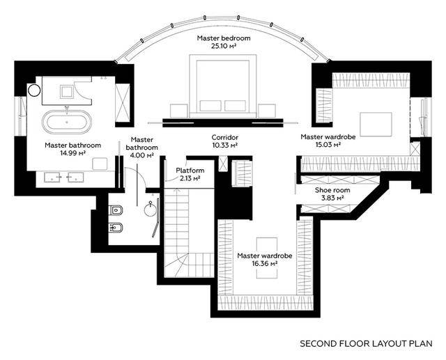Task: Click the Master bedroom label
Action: pyautogui.click(x=224, y=38)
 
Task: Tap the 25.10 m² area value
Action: pyautogui.click(x=224, y=46)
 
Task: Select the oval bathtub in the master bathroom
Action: pyautogui.click(x=67, y=122)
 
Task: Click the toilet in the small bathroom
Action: pyautogui.click(x=116, y=210)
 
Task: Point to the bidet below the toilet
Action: pyautogui.click(x=116, y=228)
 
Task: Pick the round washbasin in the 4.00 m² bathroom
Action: pyautogui.click(x=150, y=209)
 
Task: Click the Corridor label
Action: pyautogui.click(x=224, y=137)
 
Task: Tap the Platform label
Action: pyautogui.click(x=190, y=171)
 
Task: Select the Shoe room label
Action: pyautogui.click(x=332, y=190)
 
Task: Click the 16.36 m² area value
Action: pyautogui.click(x=265, y=264)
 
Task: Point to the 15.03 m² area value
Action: pyautogui.click(x=328, y=145)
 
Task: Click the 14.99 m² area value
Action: pyautogui.click(x=72, y=153)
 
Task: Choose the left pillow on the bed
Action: pyautogui.click(x=210, y=106)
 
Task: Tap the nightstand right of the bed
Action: pyautogui.click(x=267, y=111)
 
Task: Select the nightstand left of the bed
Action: pyautogui.click(x=179, y=111)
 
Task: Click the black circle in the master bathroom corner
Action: pyautogui.click(x=34, y=91)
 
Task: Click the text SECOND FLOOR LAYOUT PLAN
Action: pyautogui.click(x=366, y=343)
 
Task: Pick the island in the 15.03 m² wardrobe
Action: pyautogui.click(x=376, y=125)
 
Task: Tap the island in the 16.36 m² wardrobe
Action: pyautogui.click(x=267, y=258)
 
